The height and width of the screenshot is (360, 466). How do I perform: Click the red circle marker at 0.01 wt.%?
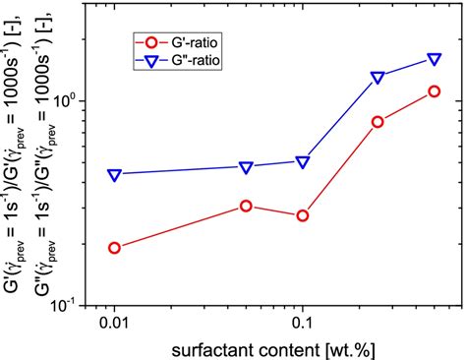[x=114, y=248]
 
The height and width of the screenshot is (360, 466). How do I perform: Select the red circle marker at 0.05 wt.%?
[x=246, y=206]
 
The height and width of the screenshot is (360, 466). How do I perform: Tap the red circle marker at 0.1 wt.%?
[x=303, y=215]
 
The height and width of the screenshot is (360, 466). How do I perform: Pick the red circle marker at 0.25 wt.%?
[x=378, y=122]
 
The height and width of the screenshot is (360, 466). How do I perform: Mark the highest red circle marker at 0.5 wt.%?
[x=435, y=91]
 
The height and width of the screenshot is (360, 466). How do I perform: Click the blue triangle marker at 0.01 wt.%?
[x=114, y=175]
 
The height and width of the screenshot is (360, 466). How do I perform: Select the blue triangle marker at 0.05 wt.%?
[x=246, y=167]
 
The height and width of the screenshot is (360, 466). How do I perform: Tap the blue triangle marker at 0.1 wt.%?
[x=303, y=161]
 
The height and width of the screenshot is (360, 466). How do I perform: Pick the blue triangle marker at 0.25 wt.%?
[x=378, y=77]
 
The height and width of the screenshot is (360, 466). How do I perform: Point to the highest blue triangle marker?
[x=435, y=60]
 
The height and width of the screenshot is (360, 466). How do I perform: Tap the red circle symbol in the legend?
[x=150, y=42]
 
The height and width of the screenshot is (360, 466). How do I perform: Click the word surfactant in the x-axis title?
[x=210, y=348]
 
